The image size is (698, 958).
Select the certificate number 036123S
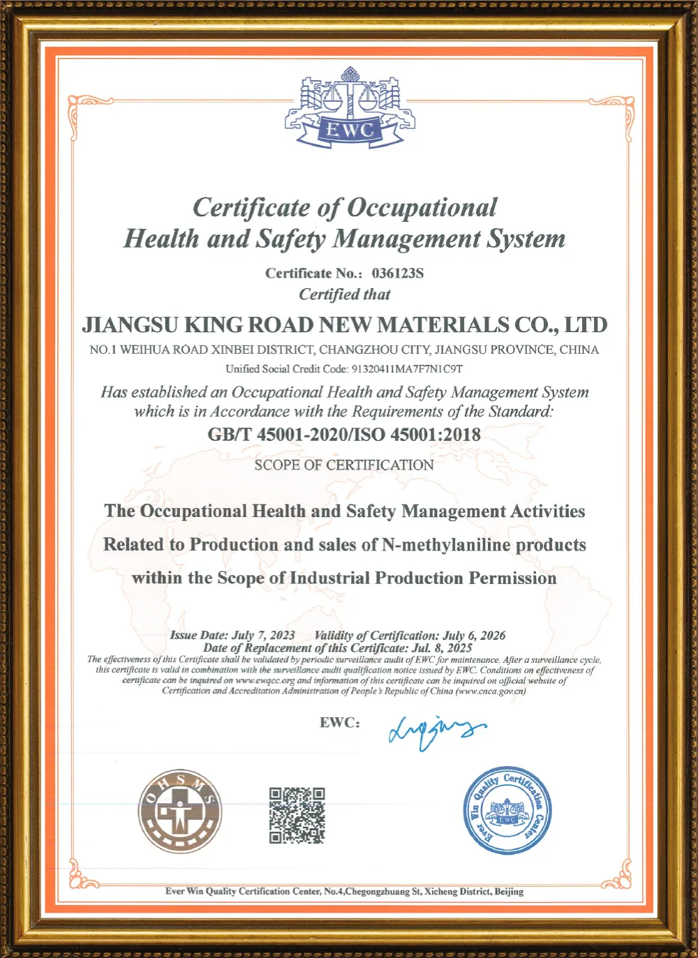(397, 274)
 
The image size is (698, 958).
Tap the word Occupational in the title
(422, 207)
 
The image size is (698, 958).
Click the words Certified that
(345, 294)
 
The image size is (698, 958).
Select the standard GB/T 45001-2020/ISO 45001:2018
(344, 435)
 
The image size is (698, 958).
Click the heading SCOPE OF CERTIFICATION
(344, 465)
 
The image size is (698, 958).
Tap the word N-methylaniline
(447, 545)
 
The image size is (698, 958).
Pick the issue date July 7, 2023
(263, 636)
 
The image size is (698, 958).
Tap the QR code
(297, 815)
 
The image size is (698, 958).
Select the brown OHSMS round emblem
(180, 812)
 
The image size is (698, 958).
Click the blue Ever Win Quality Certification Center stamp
(508, 811)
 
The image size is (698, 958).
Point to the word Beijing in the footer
(509, 892)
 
